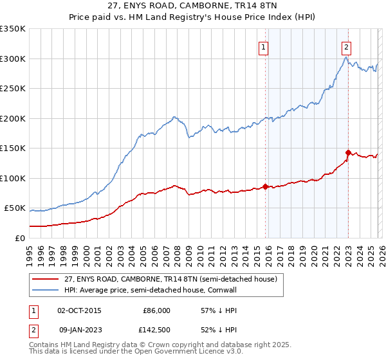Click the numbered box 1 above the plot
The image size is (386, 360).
[264, 46]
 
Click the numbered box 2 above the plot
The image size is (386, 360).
[346, 46]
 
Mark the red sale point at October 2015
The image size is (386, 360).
[266, 186]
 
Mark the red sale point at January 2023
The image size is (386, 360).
[348, 153]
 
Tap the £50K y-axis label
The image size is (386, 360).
[15, 208]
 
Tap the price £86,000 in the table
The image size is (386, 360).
[156, 310]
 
